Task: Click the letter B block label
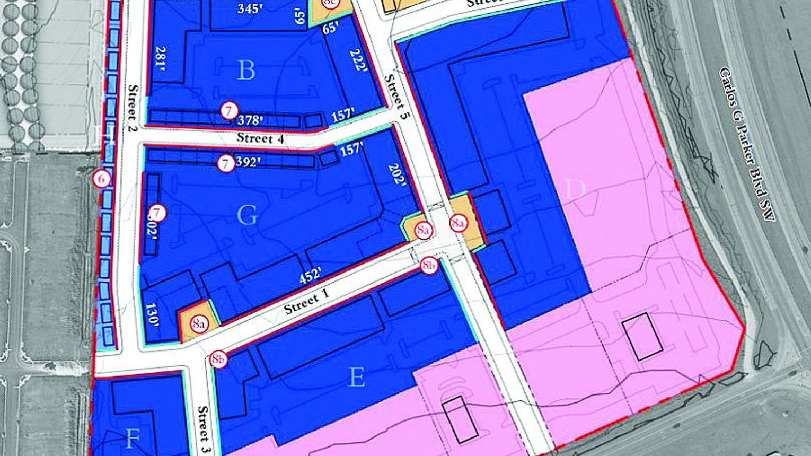(x=246, y=70)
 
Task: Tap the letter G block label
(x=247, y=215)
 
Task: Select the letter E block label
(x=357, y=378)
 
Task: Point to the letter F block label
(x=132, y=439)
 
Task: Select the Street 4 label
(x=260, y=138)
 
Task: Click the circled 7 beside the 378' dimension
(x=228, y=111)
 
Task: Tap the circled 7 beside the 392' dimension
(x=226, y=163)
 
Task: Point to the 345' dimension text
(x=250, y=8)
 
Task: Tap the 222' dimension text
(x=358, y=60)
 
